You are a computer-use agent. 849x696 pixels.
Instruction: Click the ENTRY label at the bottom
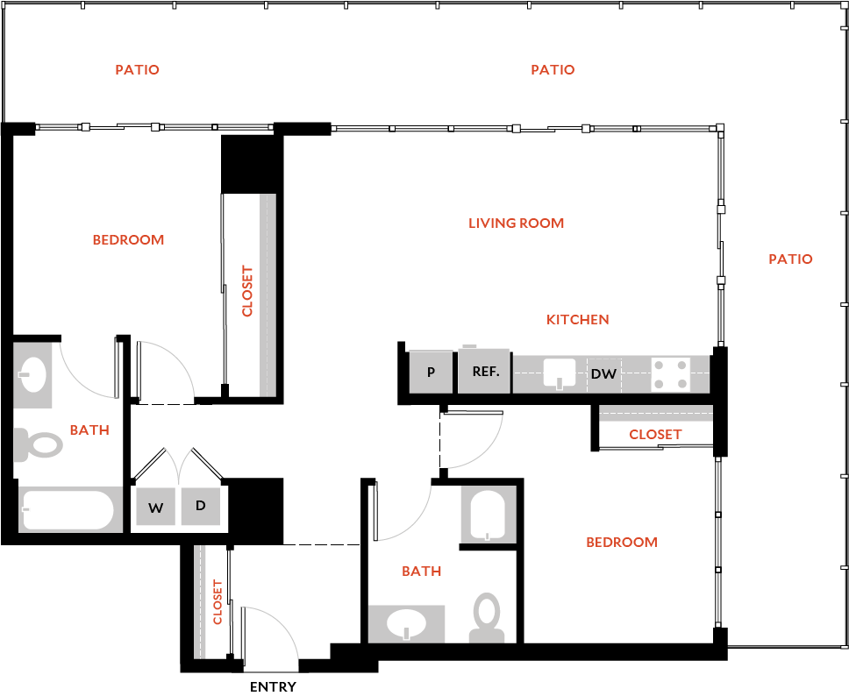[273, 686]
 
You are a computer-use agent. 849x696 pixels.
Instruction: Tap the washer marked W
[155, 507]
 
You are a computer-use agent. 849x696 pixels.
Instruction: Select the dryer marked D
[200, 506]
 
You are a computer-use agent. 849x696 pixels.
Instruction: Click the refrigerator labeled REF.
[485, 372]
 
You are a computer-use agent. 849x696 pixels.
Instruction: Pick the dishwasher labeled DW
[603, 374]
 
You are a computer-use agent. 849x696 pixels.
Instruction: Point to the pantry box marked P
[431, 372]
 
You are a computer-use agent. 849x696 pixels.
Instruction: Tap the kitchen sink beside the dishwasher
[559, 373]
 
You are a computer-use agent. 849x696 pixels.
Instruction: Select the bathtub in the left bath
[68, 510]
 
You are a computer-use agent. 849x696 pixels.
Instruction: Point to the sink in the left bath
[32, 374]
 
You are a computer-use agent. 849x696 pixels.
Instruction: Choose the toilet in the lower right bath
[486, 617]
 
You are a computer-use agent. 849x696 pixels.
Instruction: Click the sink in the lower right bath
[406, 624]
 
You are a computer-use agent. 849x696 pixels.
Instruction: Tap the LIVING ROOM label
[516, 223]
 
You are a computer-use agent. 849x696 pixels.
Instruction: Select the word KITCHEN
[577, 319]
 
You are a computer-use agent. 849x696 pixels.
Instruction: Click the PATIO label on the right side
[790, 259]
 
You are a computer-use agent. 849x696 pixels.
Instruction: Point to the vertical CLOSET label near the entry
[218, 601]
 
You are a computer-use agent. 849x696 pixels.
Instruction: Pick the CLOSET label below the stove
[655, 434]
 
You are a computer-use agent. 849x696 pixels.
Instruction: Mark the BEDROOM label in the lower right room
[621, 542]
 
